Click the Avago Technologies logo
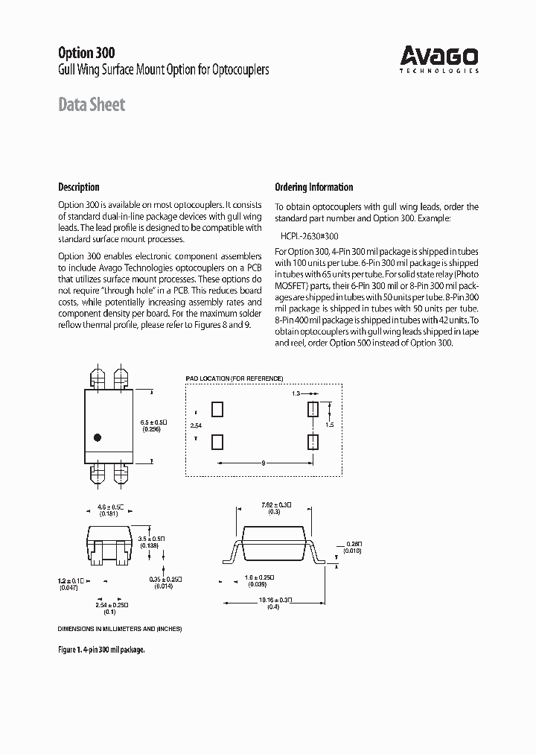point(439,59)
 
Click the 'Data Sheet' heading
point(92,105)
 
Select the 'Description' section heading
point(78,187)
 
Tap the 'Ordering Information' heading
point(313,187)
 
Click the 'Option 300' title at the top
point(86,53)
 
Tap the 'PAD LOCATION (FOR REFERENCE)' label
point(234,378)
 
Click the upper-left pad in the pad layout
point(217,409)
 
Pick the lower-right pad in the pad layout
point(313,442)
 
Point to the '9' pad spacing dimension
point(264,463)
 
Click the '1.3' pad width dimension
point(296,393)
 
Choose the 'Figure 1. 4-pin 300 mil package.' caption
point(101,650)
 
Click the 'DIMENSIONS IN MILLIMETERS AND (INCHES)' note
point(119,629)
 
